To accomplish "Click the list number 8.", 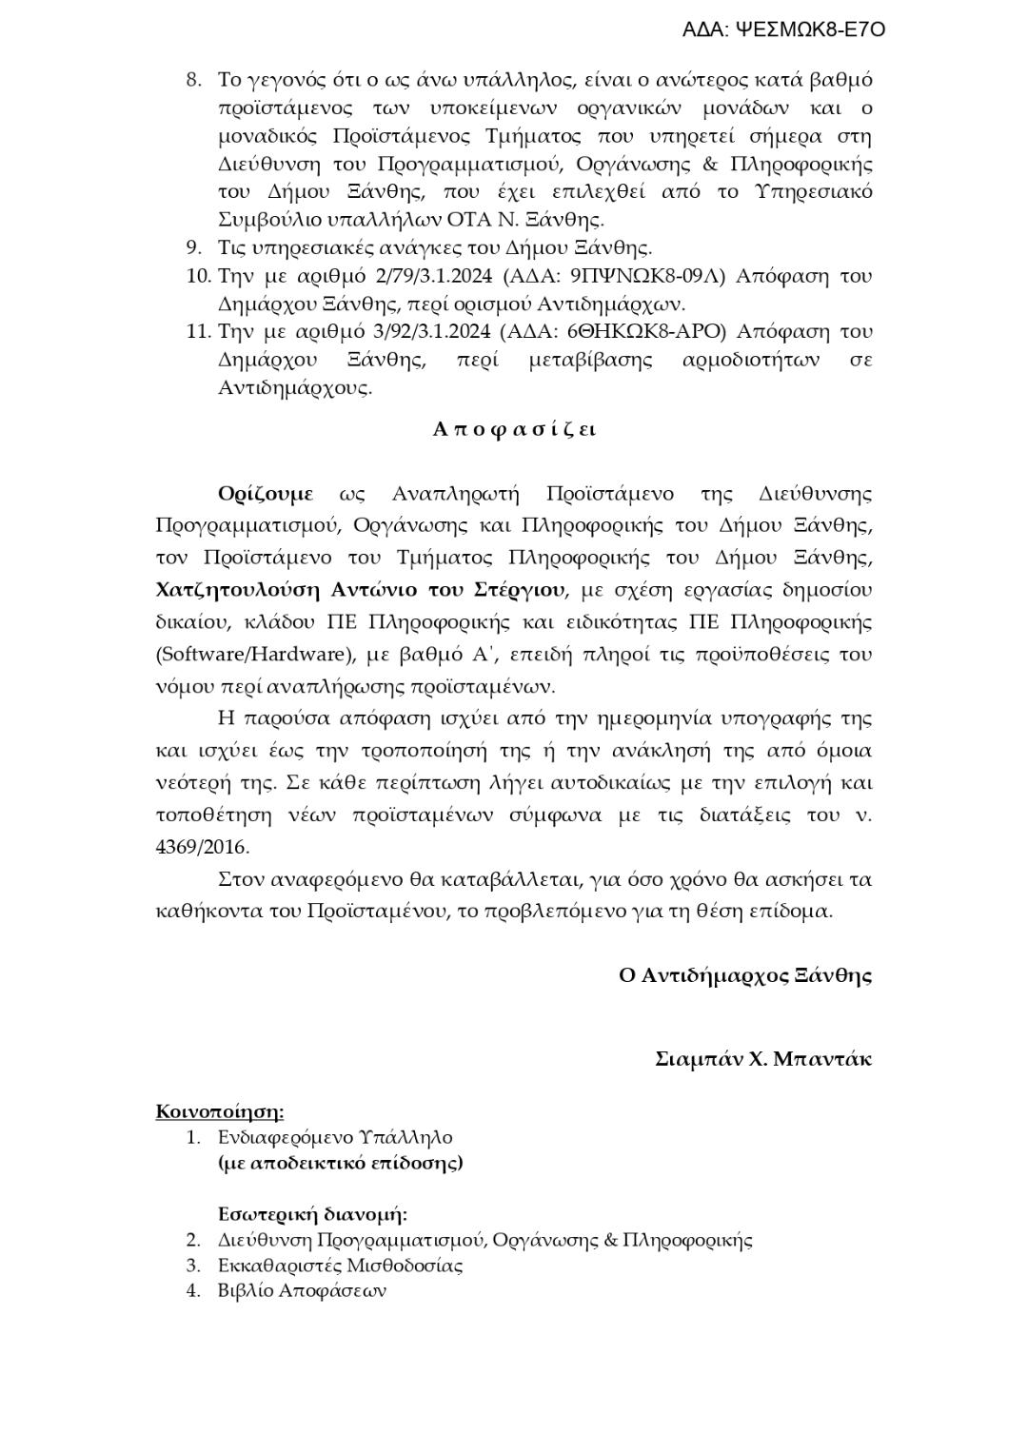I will pyautogui.click(x=193, y=80).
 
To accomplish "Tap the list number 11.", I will pyautogui.click(x=197, y=332).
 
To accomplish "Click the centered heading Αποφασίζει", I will pyautogui.click(x=514, y=429).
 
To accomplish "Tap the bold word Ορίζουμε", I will pyautogui.click(x=265, y=495).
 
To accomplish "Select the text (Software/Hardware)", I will pyautogui.click(x=250, y=655).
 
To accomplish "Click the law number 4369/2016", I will pyautogui.click(x=202, y=847).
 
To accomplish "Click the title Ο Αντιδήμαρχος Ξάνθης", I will pyautogui.click(x=745, y=976).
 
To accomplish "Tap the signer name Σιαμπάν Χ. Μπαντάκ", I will pyautogui.click(x=763, y=1060).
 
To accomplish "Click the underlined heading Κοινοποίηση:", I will pyautogui.click(x=220, y=1112).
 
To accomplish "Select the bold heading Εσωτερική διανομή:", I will pyautogui.click(x=312, y=1215).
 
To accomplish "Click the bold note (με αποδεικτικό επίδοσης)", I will pyautogui.click(x=341, y=1163).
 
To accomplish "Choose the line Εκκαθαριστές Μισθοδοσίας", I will pyautogui.click(x=340, y=1266).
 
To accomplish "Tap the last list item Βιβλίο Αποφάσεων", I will pyautogui.click(x=302, y=1291).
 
